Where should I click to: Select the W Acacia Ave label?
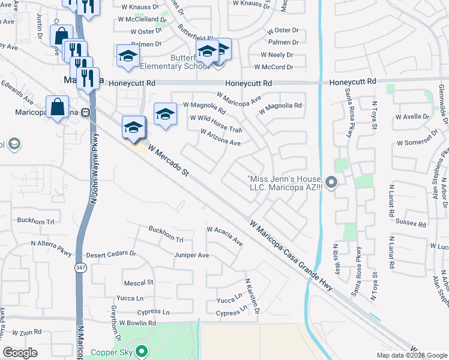tap(224, 236)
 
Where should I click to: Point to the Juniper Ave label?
tap(191, 255)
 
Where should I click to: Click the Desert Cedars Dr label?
tap(112, 254)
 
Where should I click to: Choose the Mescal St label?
tap(139, 282)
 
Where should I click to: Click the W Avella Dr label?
tap(414, 116)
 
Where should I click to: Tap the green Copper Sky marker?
tap(142, 351)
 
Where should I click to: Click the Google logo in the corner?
tap(20, 353)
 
